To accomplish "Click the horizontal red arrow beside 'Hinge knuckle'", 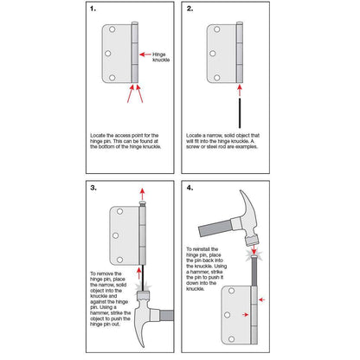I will [x=145, y=54].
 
